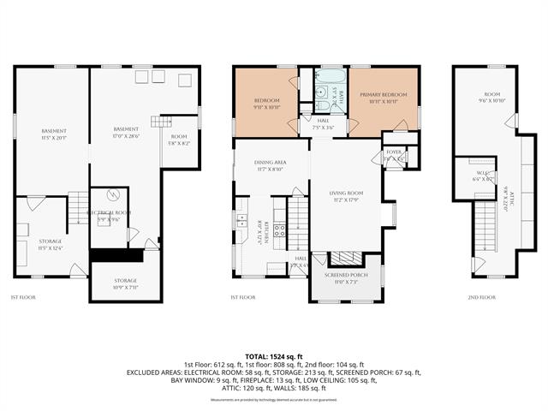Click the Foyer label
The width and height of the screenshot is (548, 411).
click(x=394, y=155)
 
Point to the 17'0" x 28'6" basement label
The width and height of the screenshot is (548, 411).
click(x=126, y=131)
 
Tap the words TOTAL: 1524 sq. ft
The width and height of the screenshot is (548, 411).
click(x=274, y=356)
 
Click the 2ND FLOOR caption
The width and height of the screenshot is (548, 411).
click(x=480, y=297)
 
